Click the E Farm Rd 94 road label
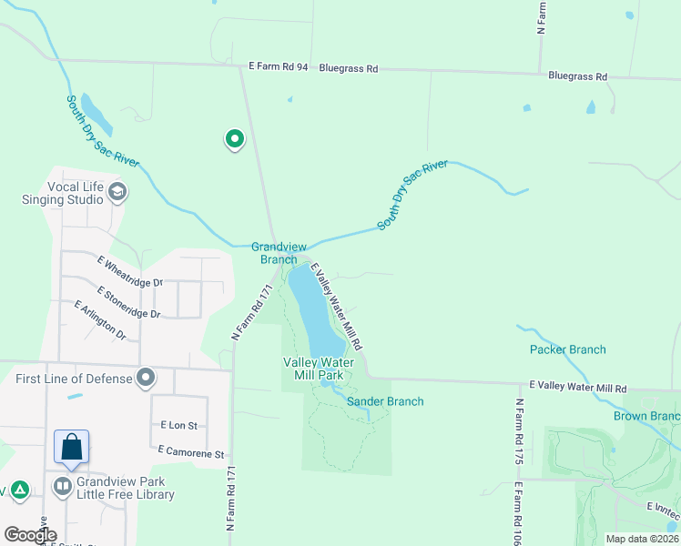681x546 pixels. coord(279,67)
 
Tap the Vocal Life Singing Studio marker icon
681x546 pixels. coord(117,192)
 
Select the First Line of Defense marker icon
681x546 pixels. coord(146,378)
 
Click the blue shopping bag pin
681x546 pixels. coord(71,447)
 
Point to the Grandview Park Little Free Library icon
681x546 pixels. coord(63,486)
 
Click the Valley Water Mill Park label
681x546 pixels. coord(313,368)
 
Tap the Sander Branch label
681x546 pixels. coord(385,401)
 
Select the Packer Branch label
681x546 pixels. coord(567,349)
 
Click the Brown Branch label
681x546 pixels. coord(646,417)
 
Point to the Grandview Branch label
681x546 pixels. coord(274,252)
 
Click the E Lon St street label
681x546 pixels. coord(178,425)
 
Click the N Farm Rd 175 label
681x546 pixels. coord(520,431)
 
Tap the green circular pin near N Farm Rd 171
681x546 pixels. coord(235,139)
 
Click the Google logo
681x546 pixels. coord(30,535)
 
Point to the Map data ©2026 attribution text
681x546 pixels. coord(641,539)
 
